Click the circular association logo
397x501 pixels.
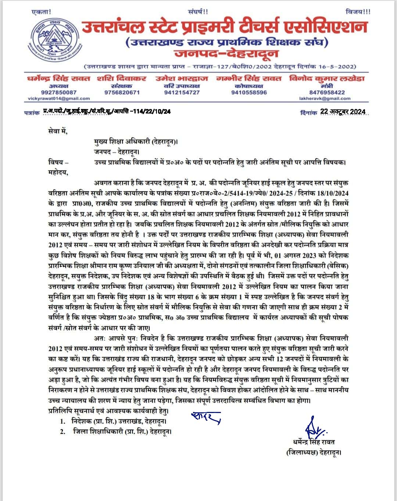50,41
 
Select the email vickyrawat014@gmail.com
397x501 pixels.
59,99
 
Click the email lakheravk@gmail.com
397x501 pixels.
325,99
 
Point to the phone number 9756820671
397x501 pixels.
122,92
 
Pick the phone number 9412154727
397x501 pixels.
182,92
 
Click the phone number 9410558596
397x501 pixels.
249,92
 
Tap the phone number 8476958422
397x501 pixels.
327,92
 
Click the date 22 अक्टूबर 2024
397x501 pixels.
343,112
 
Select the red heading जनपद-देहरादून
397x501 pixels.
226,54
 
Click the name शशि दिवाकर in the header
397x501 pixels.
122,78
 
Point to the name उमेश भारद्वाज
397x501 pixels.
182,78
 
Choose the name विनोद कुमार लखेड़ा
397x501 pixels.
327,78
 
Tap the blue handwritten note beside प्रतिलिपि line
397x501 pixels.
206,417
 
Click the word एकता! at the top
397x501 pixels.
42,12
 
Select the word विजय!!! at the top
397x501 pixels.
358,12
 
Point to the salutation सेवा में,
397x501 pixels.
58,131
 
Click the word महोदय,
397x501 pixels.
58,172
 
